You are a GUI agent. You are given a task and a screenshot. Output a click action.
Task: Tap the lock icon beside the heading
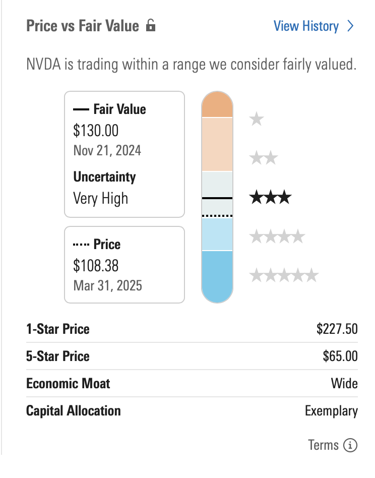pos(150,26)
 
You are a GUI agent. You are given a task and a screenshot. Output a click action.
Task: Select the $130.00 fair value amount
pos(96,131)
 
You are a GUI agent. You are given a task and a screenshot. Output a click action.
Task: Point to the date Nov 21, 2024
pos(107,150)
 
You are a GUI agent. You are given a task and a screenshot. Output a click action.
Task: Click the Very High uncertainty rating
pos(101,198)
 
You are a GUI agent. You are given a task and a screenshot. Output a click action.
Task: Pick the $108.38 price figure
pos(96,265)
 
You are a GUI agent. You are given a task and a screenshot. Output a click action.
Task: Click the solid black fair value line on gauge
pos(217,198)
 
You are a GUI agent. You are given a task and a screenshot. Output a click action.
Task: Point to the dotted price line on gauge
pos(217,215)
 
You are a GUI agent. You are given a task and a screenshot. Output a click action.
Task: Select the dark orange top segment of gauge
pos(217,105)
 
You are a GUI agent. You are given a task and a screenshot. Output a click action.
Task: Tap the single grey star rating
pos(257,119)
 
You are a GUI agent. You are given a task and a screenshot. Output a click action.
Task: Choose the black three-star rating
pos(270,197)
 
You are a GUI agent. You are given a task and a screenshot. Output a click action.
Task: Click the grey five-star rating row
pos(284,275)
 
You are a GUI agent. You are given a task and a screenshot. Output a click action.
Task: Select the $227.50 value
pos(337,329)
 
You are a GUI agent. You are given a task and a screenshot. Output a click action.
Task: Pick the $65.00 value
pos(340,356)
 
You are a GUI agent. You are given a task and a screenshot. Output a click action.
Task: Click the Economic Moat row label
pos(68,384)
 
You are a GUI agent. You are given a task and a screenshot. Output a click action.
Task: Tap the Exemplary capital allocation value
pos(331,411)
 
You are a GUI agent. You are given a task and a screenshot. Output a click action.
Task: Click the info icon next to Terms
pos(350,445)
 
